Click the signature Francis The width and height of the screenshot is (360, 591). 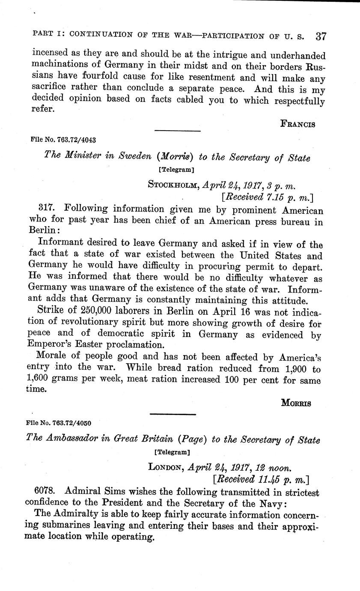click(298, 124)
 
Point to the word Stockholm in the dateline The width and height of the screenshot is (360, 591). click(173, 185)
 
